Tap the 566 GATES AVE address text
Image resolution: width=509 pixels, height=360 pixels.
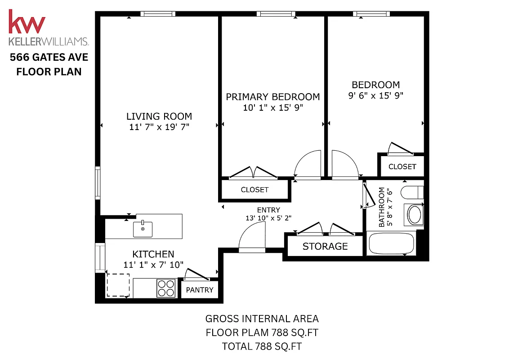point(49,57)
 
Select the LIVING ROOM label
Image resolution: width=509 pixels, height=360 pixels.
point(159,116)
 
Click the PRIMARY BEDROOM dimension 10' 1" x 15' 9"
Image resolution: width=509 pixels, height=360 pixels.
point(272,108)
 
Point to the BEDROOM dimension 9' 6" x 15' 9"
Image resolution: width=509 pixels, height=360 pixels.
point(375,95)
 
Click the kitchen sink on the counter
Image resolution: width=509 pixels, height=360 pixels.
point(143,229)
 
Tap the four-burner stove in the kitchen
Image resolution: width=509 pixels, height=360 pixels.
point(165,288)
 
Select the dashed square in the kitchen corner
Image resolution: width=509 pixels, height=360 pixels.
point(118,285)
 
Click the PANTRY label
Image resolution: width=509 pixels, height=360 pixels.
point(200,290)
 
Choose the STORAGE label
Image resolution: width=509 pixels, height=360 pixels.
point(325,246)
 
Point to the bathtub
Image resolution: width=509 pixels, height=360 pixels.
point(391,243)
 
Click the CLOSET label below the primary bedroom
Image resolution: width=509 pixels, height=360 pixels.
point(254,189)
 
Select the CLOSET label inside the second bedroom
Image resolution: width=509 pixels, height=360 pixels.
point(402,166)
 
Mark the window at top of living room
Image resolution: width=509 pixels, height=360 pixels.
point(157,14)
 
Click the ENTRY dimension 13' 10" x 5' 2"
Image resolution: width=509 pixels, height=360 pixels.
point(268,218)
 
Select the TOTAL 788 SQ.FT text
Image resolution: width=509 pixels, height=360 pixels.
point(262,346)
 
